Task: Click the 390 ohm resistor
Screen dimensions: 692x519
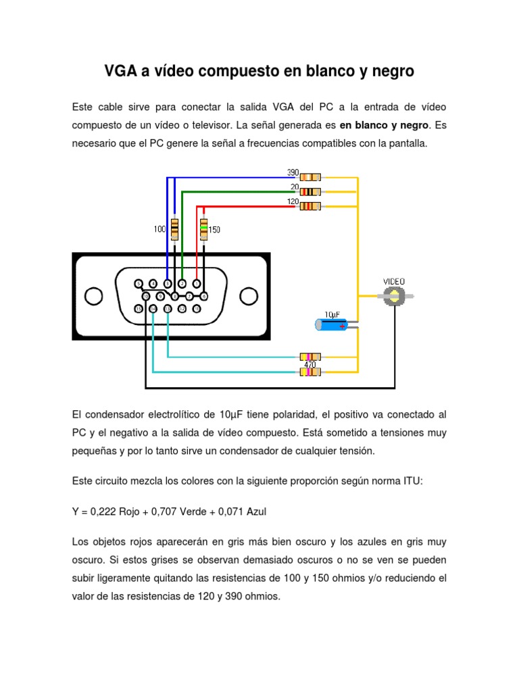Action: pos(310,178)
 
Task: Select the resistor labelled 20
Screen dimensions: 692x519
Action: pos(310,191)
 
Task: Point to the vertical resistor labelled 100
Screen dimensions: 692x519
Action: pos(174,229)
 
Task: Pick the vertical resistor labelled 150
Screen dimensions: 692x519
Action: pos(203,229)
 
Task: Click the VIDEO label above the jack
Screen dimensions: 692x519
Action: pos(395,281)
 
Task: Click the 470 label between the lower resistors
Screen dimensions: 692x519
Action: pos(310,364)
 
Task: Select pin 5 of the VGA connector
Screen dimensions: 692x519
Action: pos(139,283)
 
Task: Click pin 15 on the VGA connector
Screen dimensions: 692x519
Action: pos(139,309)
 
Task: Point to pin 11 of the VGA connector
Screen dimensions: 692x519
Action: pos(197,309)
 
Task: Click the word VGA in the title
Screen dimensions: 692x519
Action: pos(119,71)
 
